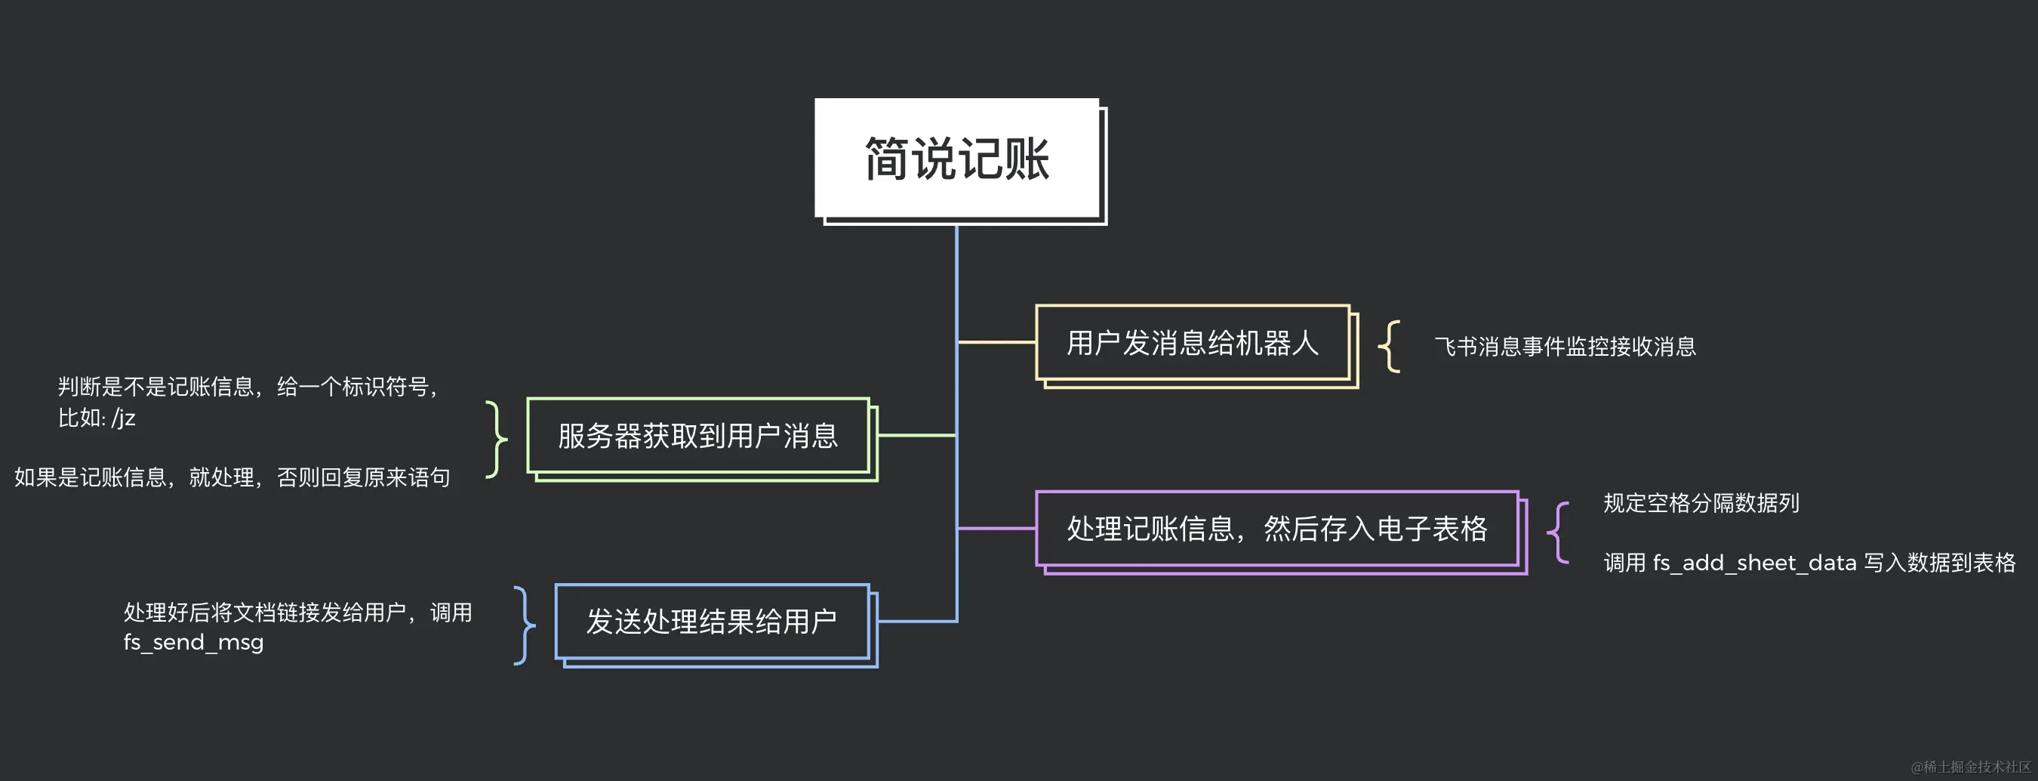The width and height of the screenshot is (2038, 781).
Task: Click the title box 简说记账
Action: click(x=957, y=159)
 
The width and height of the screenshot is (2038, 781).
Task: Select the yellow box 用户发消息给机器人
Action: click(x=1193, y=343)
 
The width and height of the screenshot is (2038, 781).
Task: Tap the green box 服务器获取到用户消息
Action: click(x=697, y=436)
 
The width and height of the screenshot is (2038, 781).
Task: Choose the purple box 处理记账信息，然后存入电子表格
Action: click(x=1276, y=529)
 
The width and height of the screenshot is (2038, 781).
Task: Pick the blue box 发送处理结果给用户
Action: click(x=711, y=622)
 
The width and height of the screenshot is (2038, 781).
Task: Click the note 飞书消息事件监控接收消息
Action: click(x=1565, y=347)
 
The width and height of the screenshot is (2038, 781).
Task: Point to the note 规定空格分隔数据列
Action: click(x=1701, y=503)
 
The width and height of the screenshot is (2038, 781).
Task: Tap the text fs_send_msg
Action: click(x=193, y=643)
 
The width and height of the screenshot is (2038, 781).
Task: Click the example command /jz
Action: click(x=124, y=418)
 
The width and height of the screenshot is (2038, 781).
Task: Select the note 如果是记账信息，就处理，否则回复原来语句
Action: click(x=232, y=477)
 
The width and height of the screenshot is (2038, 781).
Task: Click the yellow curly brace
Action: click(x=1390, y=346)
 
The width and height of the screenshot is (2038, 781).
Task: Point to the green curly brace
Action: click(x=496, y=438)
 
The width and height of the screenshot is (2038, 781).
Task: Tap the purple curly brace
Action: click(x=1558, y=532)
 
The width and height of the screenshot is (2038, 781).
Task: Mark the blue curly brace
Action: click(x=525, y=625)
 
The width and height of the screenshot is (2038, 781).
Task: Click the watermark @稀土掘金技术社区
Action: click(x=1970, y=767)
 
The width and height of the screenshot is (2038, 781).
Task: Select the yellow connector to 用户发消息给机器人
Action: click(x=997, y=343)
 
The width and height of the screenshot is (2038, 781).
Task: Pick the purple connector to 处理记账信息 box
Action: click(x=997, y=528)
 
